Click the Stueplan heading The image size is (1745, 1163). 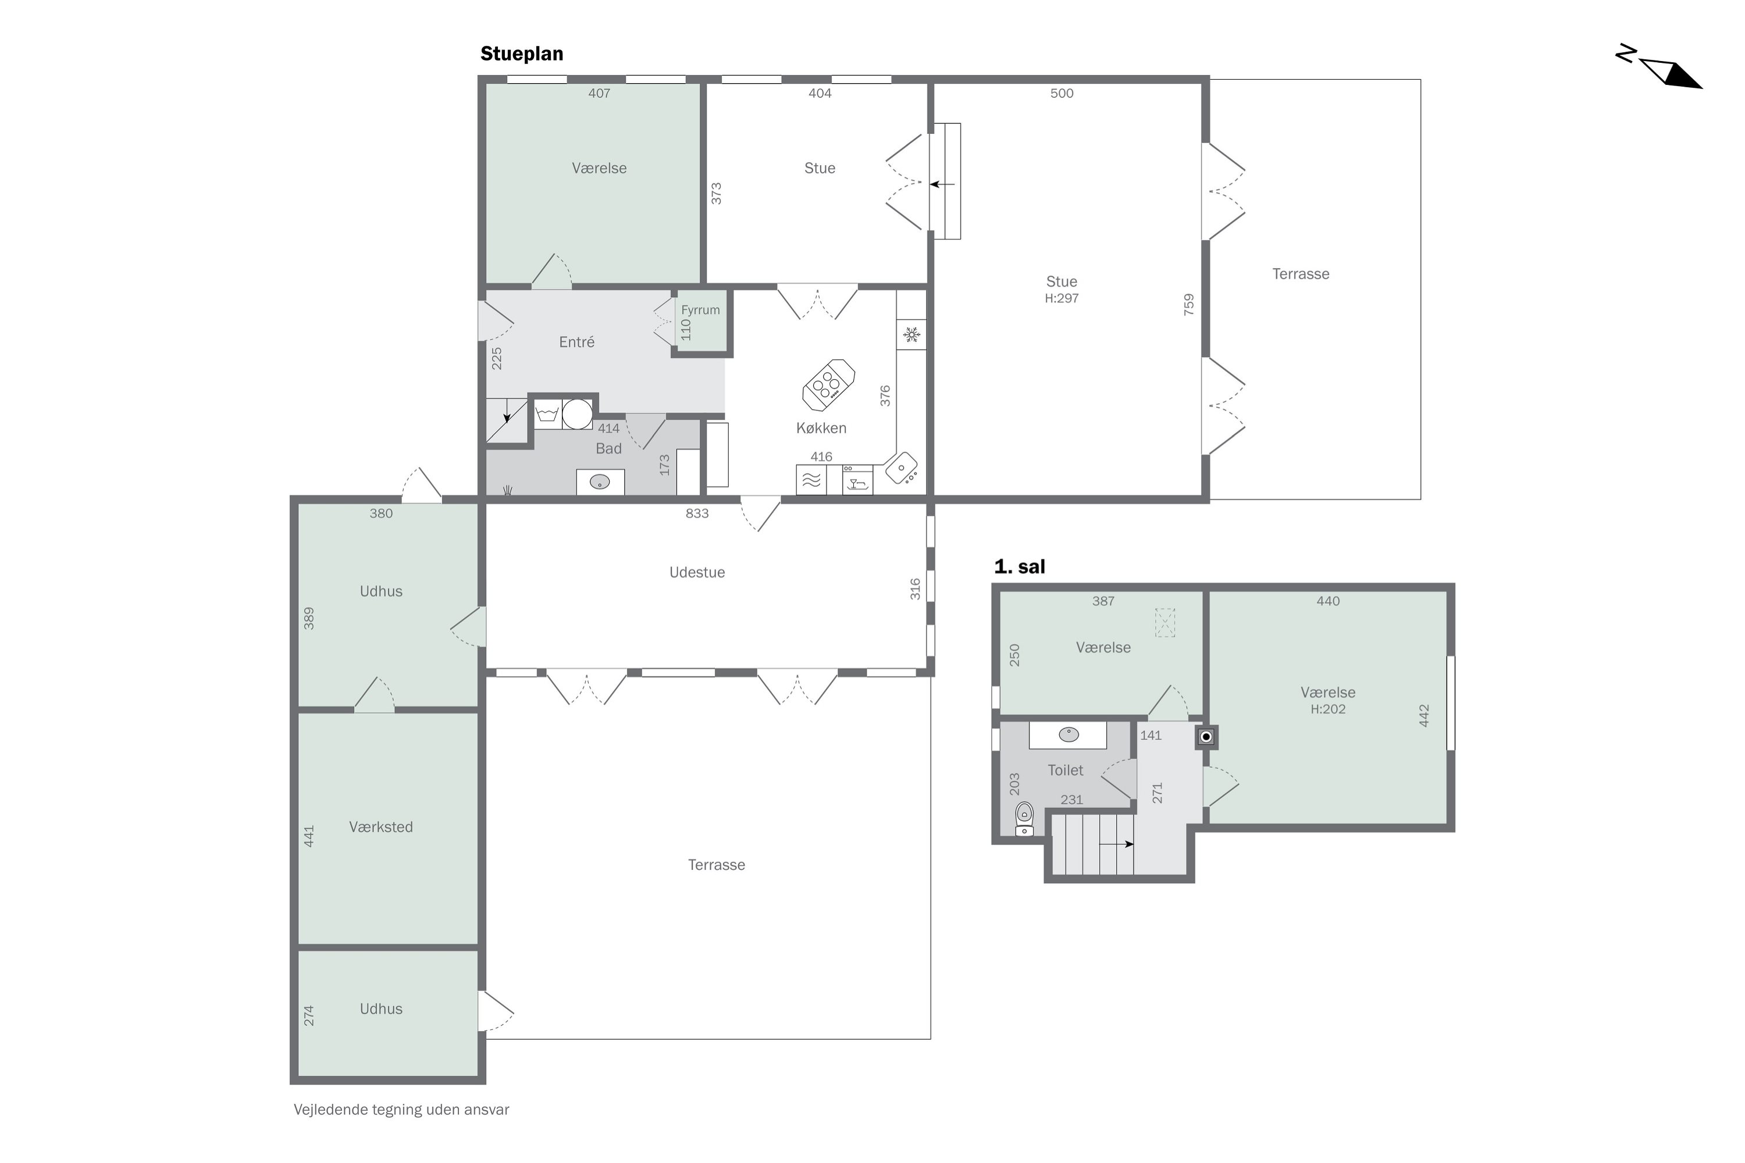coord(522,54)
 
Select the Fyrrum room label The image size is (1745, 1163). coord(700,310)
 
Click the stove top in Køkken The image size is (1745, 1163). coord(828,385)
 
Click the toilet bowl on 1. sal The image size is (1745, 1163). coord(1024,819)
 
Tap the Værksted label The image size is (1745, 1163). coord(380,827)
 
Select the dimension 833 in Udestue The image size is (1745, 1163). coord(697,513)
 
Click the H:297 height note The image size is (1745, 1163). coord(1062,298)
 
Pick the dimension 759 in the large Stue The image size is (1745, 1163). coord(1188,305)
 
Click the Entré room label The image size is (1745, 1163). coord(576,342)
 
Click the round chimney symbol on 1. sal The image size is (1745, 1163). coord(1206,737)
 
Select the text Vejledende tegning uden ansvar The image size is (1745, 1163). coord(401,1110)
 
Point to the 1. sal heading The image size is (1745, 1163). coord(1020,566)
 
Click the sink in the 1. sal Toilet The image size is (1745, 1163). coord(1069,734)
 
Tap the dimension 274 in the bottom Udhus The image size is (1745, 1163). coord(309,1015)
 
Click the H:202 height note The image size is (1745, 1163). coord(1328,709)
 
